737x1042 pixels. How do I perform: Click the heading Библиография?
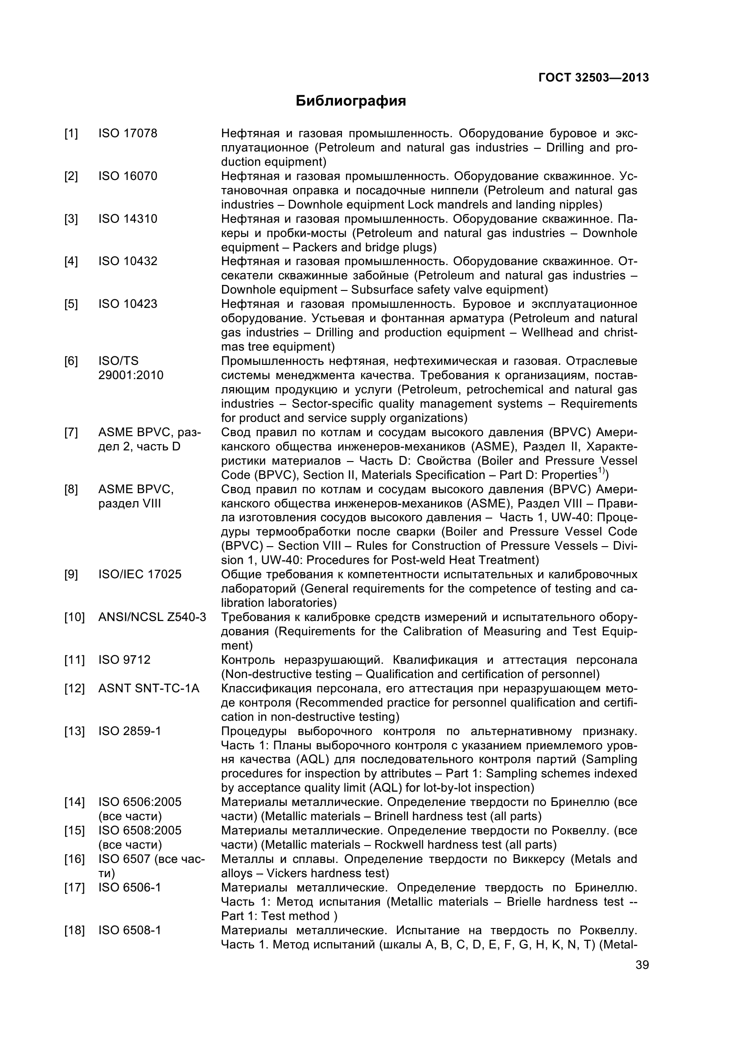350,101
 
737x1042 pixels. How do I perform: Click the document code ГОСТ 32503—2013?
593,78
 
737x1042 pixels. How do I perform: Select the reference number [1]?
71,134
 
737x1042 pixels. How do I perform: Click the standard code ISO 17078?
128,134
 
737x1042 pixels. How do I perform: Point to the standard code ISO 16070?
128,176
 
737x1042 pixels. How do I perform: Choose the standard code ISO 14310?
128,219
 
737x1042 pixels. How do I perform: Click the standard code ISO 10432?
128,261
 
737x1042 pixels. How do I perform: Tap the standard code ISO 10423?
128,304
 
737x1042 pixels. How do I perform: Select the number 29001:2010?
131,375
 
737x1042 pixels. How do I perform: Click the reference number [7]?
71,433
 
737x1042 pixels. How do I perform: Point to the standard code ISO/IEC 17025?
140,575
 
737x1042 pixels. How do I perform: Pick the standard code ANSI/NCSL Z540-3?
152,617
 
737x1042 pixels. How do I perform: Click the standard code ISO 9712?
124,660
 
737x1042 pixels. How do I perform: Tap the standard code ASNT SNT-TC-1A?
148,688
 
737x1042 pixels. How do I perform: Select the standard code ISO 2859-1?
129,731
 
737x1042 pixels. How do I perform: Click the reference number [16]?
74,859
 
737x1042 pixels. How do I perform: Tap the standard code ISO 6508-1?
129,930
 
